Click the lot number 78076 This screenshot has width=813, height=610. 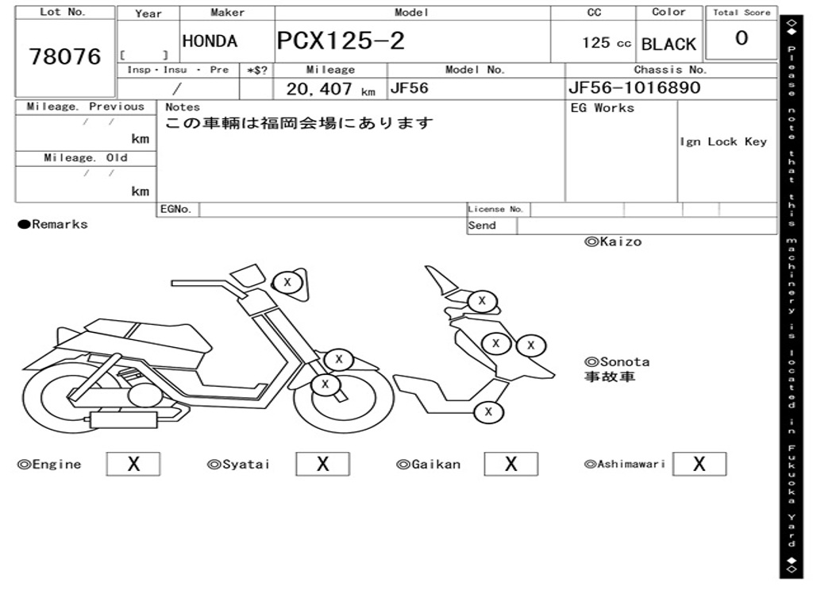coord(65,57)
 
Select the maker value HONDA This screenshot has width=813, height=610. coord(210,41)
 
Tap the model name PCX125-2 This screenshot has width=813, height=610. coord(341,41)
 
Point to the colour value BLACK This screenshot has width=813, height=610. coord(669,44)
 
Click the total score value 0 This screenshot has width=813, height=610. coord(741,39)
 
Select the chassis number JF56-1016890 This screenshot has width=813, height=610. coord(634,87)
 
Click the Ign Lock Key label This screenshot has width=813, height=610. coord(723,141)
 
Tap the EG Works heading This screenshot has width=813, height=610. coord(603,108)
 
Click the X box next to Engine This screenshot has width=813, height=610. coord(133,464)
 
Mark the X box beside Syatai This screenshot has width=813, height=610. coord(322,464)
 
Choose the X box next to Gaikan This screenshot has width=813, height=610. coord(511,464)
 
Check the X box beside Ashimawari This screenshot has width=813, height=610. coord(699,464)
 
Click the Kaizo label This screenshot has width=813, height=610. coord(613,241)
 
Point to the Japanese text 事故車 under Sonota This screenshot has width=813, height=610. coord(610,376)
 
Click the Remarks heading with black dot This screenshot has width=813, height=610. coord(53,225)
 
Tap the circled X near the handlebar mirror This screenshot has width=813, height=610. coord(287,282)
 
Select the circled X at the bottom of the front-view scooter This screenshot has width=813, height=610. coord(488,411)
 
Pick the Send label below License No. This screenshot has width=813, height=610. coord(482,226)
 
